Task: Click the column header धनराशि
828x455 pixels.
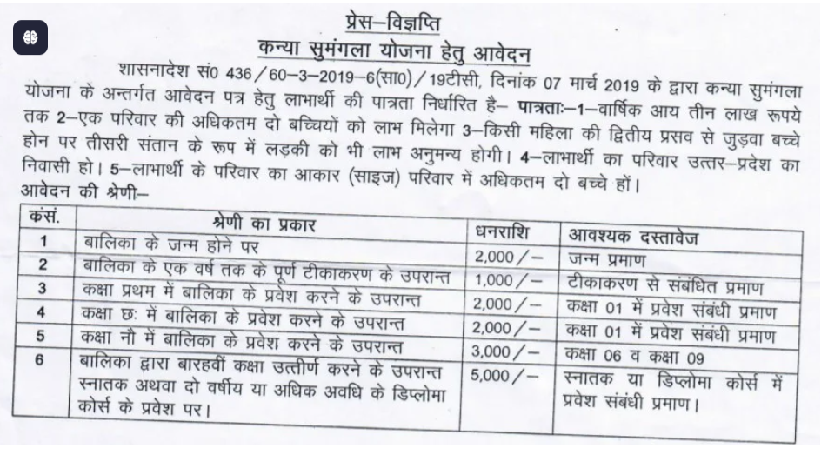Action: point(503,233)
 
